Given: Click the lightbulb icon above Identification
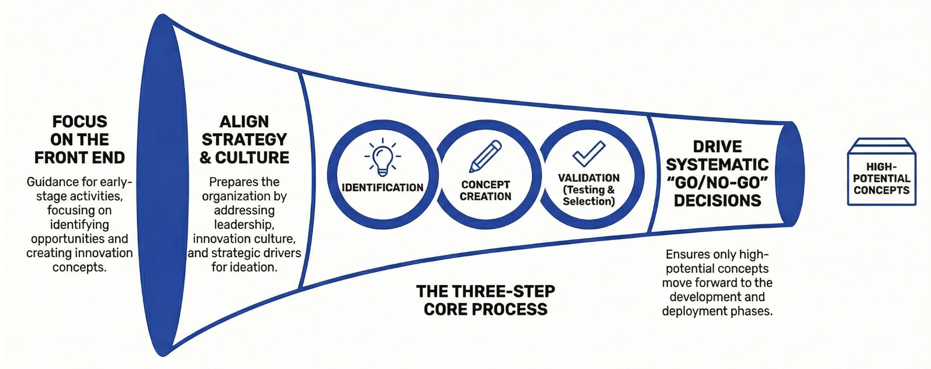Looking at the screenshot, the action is [x=383, y=157].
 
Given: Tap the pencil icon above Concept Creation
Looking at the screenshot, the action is [x=486, y=157].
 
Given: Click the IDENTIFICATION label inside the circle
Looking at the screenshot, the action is [x=383, y=188].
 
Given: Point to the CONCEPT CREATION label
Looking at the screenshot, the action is [x=486, y=191].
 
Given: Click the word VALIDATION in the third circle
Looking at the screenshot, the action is [x=589, y=178].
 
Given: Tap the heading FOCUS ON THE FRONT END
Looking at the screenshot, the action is [x=80, y=140].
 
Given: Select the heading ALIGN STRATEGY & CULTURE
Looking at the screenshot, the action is [x=244, y=140].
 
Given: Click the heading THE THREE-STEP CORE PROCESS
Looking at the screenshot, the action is [x=486, y=301].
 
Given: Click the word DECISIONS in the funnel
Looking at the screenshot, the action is [x=718, y=201].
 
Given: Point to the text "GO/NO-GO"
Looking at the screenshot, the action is [x=718, y=183].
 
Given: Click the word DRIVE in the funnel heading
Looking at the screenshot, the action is [x=718, y=147].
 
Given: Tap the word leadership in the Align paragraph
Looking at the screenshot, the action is [x=244, y=225].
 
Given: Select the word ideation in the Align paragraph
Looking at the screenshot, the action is [x=255, y=267].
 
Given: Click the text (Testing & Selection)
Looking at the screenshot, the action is [x=589, y=196].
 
